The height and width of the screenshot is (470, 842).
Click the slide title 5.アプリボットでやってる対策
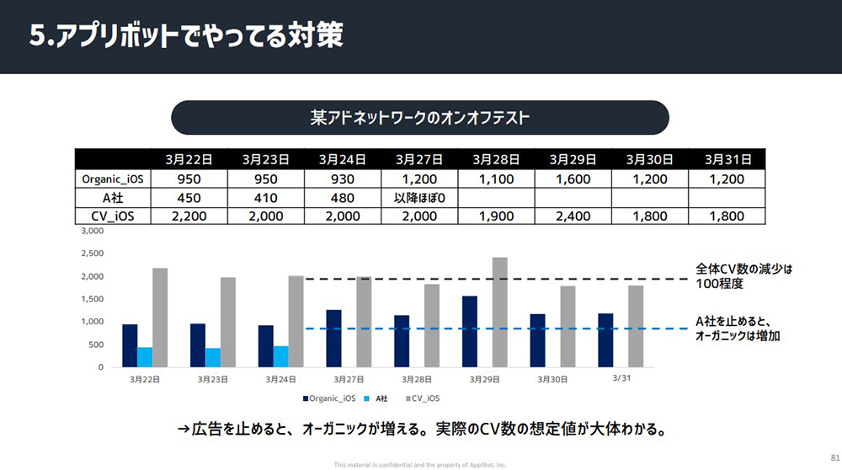[186, 36]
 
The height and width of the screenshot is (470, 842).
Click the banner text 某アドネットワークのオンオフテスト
[419, 118]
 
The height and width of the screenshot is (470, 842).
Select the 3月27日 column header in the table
[419, 158]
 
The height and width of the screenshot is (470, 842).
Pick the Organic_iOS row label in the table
[112, 179]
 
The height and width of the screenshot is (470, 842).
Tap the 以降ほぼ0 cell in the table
[419, 198]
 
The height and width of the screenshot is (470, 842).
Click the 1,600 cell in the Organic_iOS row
[573, 179]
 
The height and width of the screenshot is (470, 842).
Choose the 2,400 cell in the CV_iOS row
[573, 216]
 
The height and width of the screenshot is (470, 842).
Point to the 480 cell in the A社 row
[342, 198]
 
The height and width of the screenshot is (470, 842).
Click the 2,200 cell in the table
[189, 216]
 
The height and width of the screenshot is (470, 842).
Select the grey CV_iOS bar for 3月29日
[500, 312]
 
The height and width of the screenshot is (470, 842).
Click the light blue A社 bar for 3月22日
[145, 357]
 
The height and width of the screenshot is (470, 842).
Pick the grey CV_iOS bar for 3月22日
[160, 318]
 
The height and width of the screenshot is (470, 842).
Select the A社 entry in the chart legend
[381, 398]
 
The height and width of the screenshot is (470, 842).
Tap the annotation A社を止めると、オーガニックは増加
[733, 328]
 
